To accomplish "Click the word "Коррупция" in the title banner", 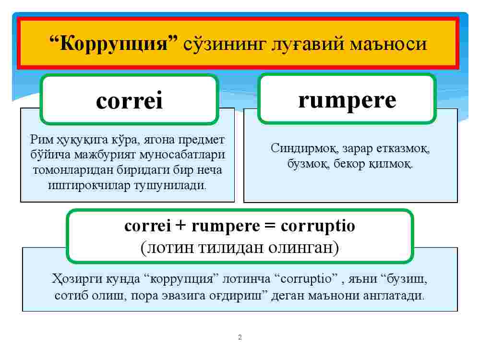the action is [x=114, y=43].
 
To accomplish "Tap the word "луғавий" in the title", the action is [x=308, y=44].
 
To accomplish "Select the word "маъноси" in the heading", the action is [x=388, y=44].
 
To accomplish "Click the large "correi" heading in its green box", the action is [x=129, y=100].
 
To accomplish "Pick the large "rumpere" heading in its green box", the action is [x=347, y=101].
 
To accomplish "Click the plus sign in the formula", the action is [x=181, y=226].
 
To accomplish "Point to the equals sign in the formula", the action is [x=270, y=226].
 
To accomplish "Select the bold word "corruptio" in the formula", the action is [x=318, y=226].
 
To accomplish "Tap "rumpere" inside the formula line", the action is [x=226, y=227].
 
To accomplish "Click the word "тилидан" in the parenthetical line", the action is [x=231, y=247].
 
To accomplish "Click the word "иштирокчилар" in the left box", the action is [x=89, y=185].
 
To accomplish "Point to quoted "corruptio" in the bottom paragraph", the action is [x=306, y=279].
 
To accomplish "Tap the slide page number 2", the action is [x=240, y=337].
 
